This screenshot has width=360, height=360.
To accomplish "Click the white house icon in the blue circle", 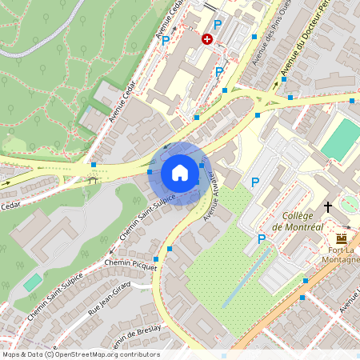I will point(180,172).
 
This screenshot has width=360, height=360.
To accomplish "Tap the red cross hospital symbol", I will point(207,38).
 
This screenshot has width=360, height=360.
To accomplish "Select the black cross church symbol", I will point(328,207).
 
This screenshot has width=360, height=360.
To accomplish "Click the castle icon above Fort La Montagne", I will point(342,238).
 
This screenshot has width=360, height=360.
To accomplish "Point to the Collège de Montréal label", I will point(297,222).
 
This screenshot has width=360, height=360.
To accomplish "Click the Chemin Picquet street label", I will point(130,265).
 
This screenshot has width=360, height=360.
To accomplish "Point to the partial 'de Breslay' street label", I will point(139,337).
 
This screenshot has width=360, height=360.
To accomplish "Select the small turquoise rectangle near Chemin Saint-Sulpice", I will point(32,282).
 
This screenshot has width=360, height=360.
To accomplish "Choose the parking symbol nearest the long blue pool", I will point(261,238).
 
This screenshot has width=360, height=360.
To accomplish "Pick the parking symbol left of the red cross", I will point(166,40).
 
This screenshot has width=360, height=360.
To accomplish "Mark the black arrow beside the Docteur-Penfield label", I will point(282,80).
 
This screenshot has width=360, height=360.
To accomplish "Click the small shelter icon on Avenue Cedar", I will point(93,180).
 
